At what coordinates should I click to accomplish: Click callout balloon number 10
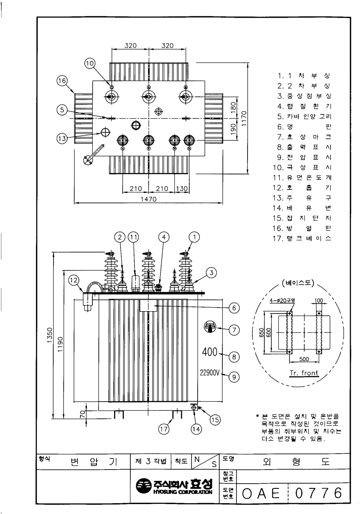(x=90, y=63)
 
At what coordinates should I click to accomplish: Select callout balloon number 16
(x=62, y=80)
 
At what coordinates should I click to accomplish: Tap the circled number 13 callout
(x=62, y=138)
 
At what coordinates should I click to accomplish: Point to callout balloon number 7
(x=234, y=330)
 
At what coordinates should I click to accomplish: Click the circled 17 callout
(x=164, y=429)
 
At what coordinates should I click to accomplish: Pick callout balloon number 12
(x=74, y=280)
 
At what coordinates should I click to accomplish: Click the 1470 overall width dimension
(x=148, y=199)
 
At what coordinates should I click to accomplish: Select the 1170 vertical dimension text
(x=244, y=118)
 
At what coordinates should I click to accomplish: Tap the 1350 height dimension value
(x=50, y=335)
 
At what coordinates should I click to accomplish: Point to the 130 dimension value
(x=182, y=189)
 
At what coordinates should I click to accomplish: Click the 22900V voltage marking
(x=210, y=373)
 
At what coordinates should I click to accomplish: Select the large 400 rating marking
(x=210, y=352)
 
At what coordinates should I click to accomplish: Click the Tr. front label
(x=304, y=373)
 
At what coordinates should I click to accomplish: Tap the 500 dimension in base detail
(x=304, y=359)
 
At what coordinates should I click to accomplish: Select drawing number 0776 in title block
(x=319, y=493)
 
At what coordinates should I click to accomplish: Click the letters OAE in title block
(x=261, y=494)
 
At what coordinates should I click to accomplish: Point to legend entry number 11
(x=302, y=178)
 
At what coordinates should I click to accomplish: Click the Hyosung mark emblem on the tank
(x=210, y=326)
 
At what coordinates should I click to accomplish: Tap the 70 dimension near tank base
(x=83, y=414)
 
